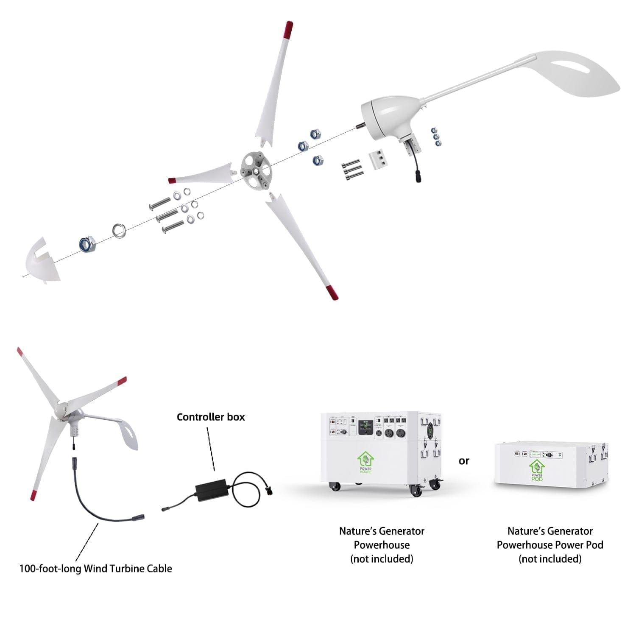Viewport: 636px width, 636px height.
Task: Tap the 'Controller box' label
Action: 211,417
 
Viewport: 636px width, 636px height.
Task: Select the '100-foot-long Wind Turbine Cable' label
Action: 96,569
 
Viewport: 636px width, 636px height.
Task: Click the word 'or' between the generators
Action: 464,461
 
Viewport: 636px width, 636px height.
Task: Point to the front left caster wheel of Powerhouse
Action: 335,486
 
